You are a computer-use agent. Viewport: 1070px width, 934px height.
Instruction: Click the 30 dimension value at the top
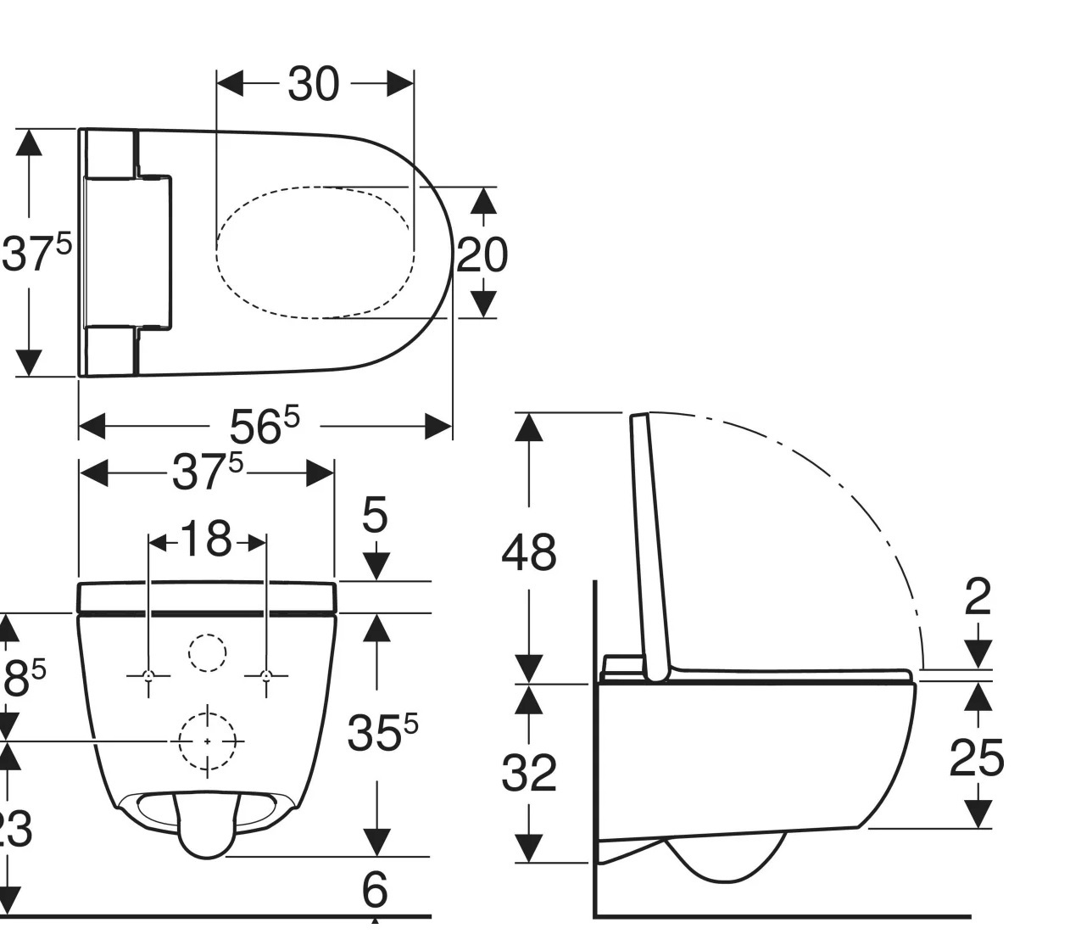314,84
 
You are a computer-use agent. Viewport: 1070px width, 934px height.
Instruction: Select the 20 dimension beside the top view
482,254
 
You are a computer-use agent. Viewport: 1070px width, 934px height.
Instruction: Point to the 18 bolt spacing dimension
207,540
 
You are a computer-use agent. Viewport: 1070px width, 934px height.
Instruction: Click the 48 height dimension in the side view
529,552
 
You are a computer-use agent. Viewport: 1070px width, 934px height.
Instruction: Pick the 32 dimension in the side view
529,773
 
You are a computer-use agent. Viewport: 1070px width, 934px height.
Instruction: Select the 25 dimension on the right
977,758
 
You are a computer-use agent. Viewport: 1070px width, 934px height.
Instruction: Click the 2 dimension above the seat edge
978,597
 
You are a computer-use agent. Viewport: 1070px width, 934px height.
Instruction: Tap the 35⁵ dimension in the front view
382,733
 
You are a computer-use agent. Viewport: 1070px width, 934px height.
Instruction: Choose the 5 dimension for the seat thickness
375,515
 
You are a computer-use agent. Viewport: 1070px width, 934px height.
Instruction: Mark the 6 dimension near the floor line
374,890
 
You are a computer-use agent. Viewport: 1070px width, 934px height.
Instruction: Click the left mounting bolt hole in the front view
149,676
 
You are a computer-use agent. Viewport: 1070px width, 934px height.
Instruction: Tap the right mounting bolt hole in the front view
266,676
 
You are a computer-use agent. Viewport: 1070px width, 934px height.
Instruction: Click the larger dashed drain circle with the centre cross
208,741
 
